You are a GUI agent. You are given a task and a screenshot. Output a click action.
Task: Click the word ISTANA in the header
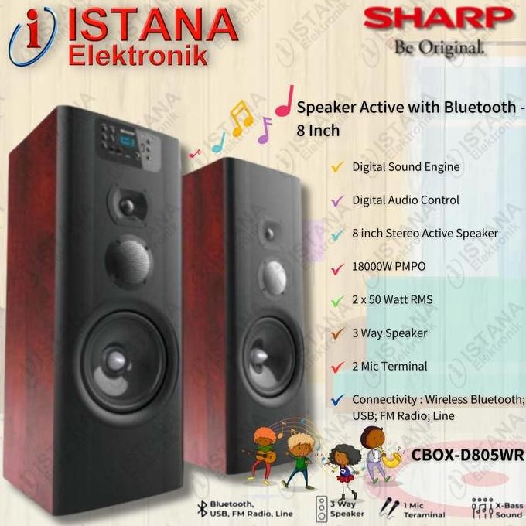pos(152,26)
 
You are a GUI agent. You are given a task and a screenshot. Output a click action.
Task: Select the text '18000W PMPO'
pos(389,266)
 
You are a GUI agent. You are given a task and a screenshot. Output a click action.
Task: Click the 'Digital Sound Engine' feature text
pos(405,166)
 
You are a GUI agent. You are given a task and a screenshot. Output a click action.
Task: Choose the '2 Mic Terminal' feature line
pos(389,366)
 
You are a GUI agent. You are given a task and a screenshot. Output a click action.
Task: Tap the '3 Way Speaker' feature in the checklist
pos(389,333)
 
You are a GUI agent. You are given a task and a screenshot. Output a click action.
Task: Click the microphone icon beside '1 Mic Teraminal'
pos(384,507)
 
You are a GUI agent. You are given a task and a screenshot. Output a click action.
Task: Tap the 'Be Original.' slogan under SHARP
pos(439,48)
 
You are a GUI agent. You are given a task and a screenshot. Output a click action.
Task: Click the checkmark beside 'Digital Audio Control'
pos(337,200)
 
